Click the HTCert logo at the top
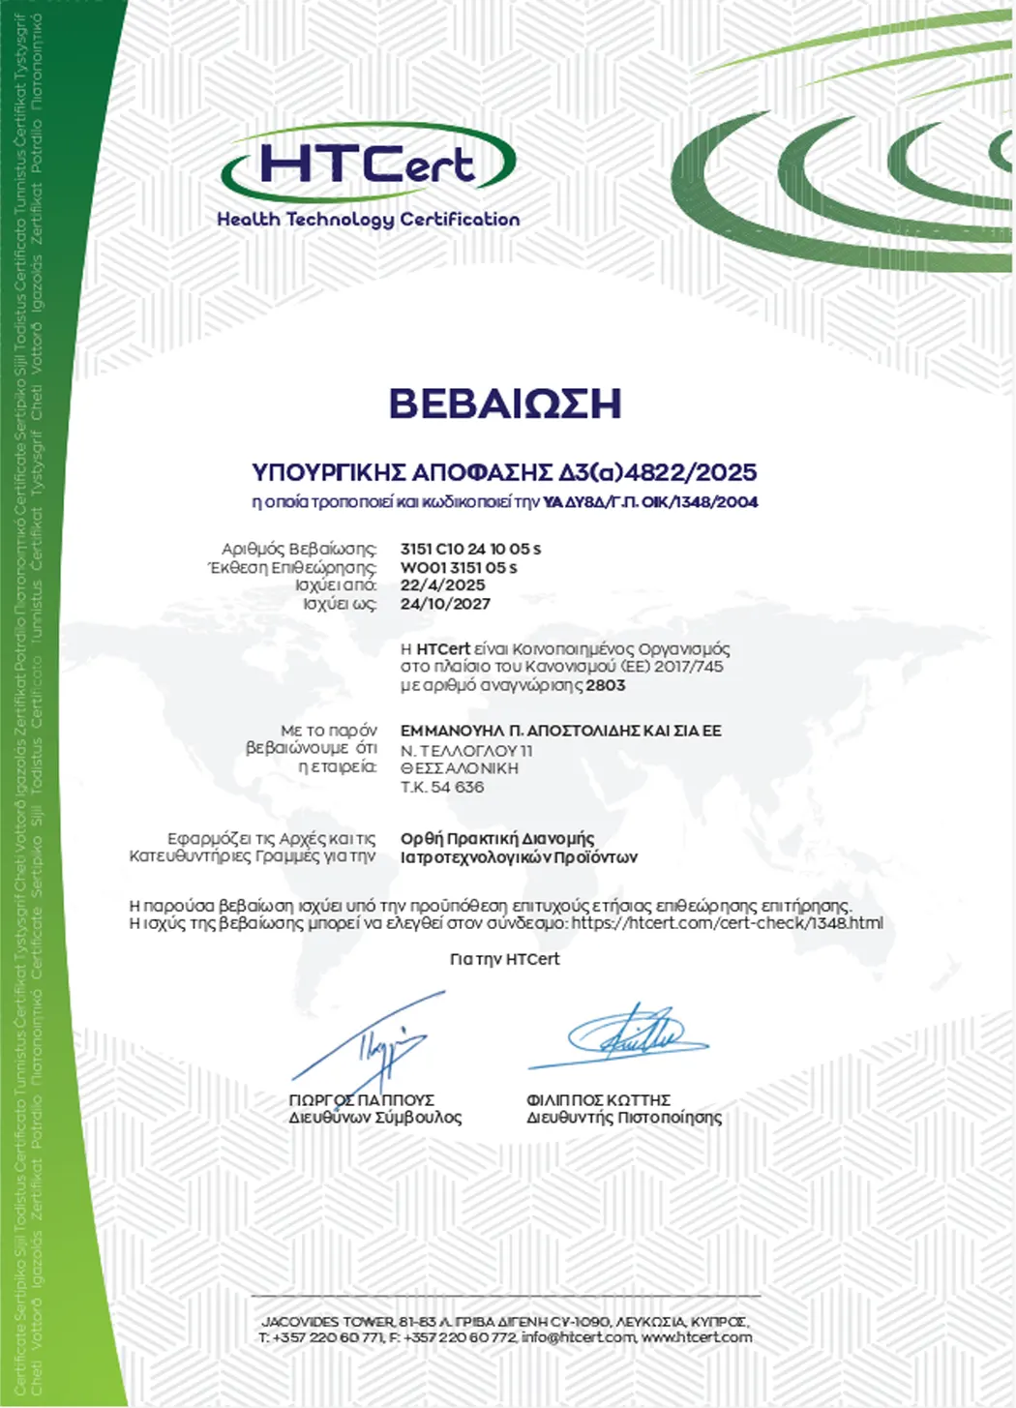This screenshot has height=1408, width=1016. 369,164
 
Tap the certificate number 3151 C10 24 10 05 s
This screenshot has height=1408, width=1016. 470,549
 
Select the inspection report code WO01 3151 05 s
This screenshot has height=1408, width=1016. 459,567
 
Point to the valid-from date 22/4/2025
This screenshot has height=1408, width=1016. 442,585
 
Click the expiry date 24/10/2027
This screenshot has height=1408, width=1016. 445,604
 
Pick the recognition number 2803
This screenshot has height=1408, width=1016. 606,685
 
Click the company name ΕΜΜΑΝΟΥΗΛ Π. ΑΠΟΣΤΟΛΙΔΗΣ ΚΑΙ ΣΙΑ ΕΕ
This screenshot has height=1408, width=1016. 560,731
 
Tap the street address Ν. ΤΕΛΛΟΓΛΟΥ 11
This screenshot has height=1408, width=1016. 466,750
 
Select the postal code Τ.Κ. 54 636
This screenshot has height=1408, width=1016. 442,787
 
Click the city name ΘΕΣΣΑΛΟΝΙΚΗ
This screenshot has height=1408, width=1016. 460,768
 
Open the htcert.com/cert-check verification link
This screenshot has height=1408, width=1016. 727,923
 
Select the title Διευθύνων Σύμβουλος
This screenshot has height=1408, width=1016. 375,1118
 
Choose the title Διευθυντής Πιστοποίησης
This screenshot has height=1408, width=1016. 624,1118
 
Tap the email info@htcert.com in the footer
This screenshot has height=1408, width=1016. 578,1337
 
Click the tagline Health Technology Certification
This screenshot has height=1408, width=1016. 369,220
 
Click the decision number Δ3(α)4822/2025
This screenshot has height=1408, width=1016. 658,472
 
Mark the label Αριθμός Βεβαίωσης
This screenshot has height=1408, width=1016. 299,549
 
